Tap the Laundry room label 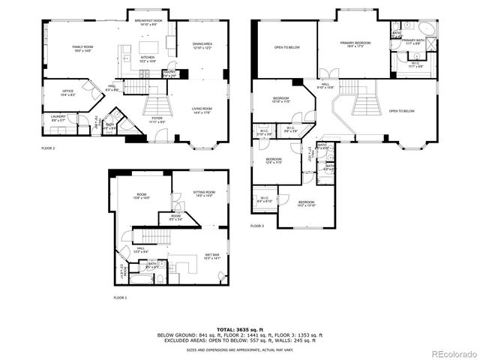(58, 118)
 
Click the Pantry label (169, 73)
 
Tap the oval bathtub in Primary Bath (426, 29)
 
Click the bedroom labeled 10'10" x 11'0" (281, 100)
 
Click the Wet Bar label (211, 256)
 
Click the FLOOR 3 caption (257, 226)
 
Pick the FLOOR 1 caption (120, 298)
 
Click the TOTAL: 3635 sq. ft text (239, 328)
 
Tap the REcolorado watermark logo (451, 353)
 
